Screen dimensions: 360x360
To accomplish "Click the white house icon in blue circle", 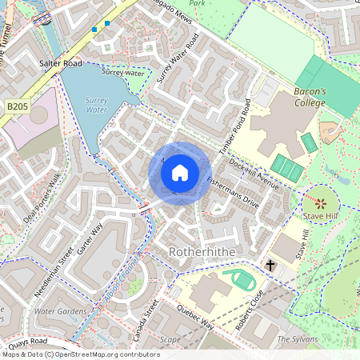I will coord(180,172).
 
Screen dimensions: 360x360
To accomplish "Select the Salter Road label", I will coord(60,62).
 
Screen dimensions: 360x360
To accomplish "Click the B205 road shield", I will coord(18,106).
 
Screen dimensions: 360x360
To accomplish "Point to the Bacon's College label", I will coord(310,98).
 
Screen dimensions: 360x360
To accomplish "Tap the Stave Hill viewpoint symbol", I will coord(321,202).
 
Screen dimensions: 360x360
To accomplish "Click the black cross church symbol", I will coord(270,265).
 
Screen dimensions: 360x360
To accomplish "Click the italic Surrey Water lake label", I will coord(96,105).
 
